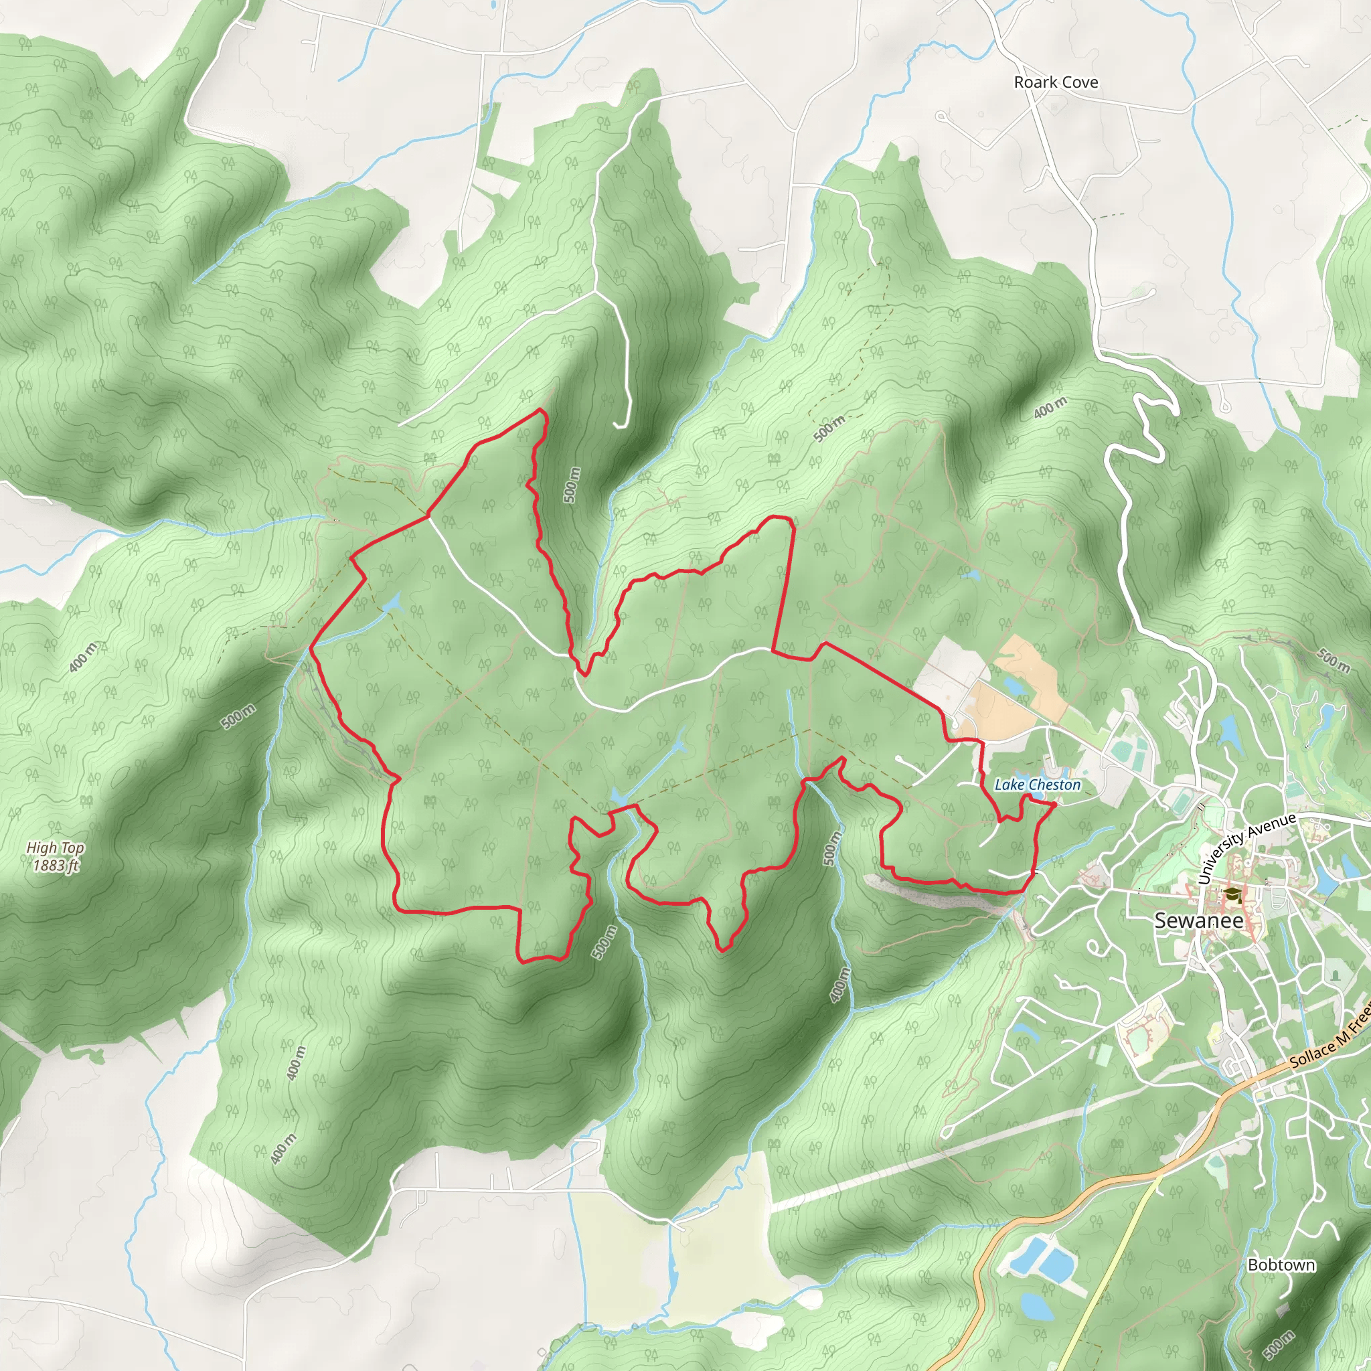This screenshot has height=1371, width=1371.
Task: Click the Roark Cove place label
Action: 1055,82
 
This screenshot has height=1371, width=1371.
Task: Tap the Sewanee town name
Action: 1198,920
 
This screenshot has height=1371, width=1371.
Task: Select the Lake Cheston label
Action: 1037,784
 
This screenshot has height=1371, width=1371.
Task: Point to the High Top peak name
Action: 56,848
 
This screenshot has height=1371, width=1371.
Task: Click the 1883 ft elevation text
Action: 56,865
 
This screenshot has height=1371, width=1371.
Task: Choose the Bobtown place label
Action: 1281,1265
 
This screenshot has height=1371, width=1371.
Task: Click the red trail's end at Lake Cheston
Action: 1055,804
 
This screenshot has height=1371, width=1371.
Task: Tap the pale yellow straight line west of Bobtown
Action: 1121,1249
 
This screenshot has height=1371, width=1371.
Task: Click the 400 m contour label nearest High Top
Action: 83,657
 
